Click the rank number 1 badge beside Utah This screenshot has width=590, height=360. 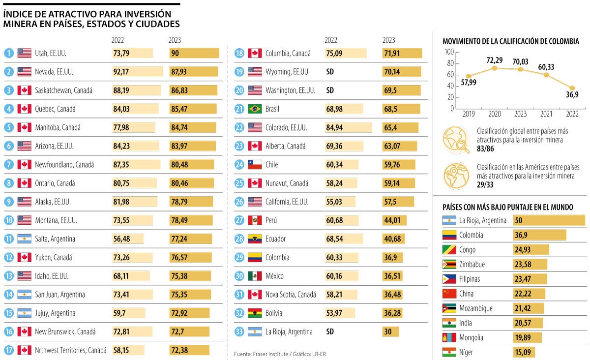(x=9, y=53)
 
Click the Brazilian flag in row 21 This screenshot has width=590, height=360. (x=255, y=109)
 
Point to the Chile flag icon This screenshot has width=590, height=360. (x=255, y=165)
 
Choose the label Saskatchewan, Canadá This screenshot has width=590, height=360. (x=63, y=90)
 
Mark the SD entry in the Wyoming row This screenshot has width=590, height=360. (x=330, y=72)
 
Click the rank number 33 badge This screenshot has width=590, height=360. (x=239, y=331)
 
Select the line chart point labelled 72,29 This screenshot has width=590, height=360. (x=495, y=67)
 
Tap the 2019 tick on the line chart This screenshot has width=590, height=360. (x=469, y=114)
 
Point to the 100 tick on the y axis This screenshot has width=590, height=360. (x=448, y=52)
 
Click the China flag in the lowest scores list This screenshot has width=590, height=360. (x=449, y=294)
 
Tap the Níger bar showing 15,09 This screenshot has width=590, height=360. (x=524, y=352)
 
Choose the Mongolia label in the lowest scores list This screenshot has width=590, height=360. (x=471, y=338)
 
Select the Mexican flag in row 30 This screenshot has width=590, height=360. (x=255, y=276)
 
